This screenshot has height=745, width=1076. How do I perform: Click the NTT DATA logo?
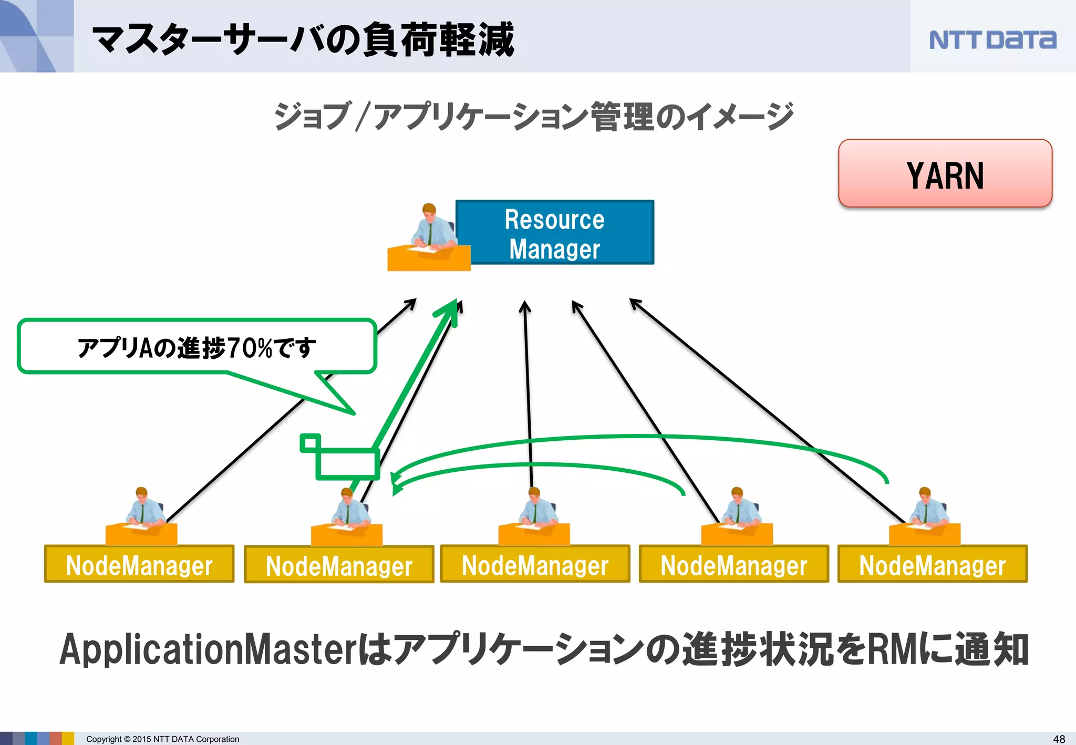click(992, 40)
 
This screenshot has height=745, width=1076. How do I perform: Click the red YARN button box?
click(945, 173)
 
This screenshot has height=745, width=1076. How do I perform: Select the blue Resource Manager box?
click(555, 233)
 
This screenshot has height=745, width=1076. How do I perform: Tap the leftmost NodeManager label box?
click(139, 564)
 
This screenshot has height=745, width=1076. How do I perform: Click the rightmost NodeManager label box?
click(932, 564)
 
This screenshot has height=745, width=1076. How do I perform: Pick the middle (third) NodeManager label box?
click(535, 564)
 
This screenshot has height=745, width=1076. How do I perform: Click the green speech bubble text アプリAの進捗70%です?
click(196, 347)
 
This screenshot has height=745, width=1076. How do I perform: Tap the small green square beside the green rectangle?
click(310, 443)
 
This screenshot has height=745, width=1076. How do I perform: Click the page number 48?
click(1059, 739)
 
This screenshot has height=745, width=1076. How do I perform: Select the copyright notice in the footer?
click(162, 739)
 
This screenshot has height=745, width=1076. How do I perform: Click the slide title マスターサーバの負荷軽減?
click(303, 40)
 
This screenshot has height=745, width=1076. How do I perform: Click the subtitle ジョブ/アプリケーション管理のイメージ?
click(533, 116)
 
